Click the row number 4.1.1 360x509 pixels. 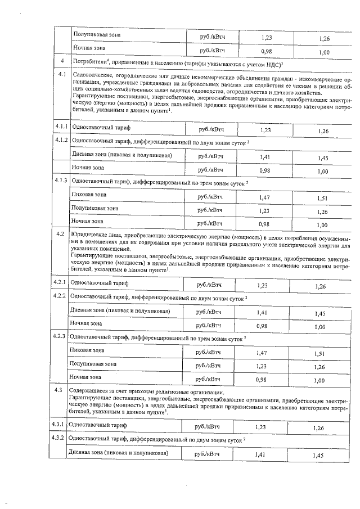click(61, 128)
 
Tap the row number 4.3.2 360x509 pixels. click(59, 438)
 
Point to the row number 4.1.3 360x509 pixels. click(61, 181)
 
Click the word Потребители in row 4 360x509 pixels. click(92, 61)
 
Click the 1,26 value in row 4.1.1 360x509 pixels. click(323, 131)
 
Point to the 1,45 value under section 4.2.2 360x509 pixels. click(320, 313)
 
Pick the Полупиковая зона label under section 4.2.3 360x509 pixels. click(93, 364)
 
